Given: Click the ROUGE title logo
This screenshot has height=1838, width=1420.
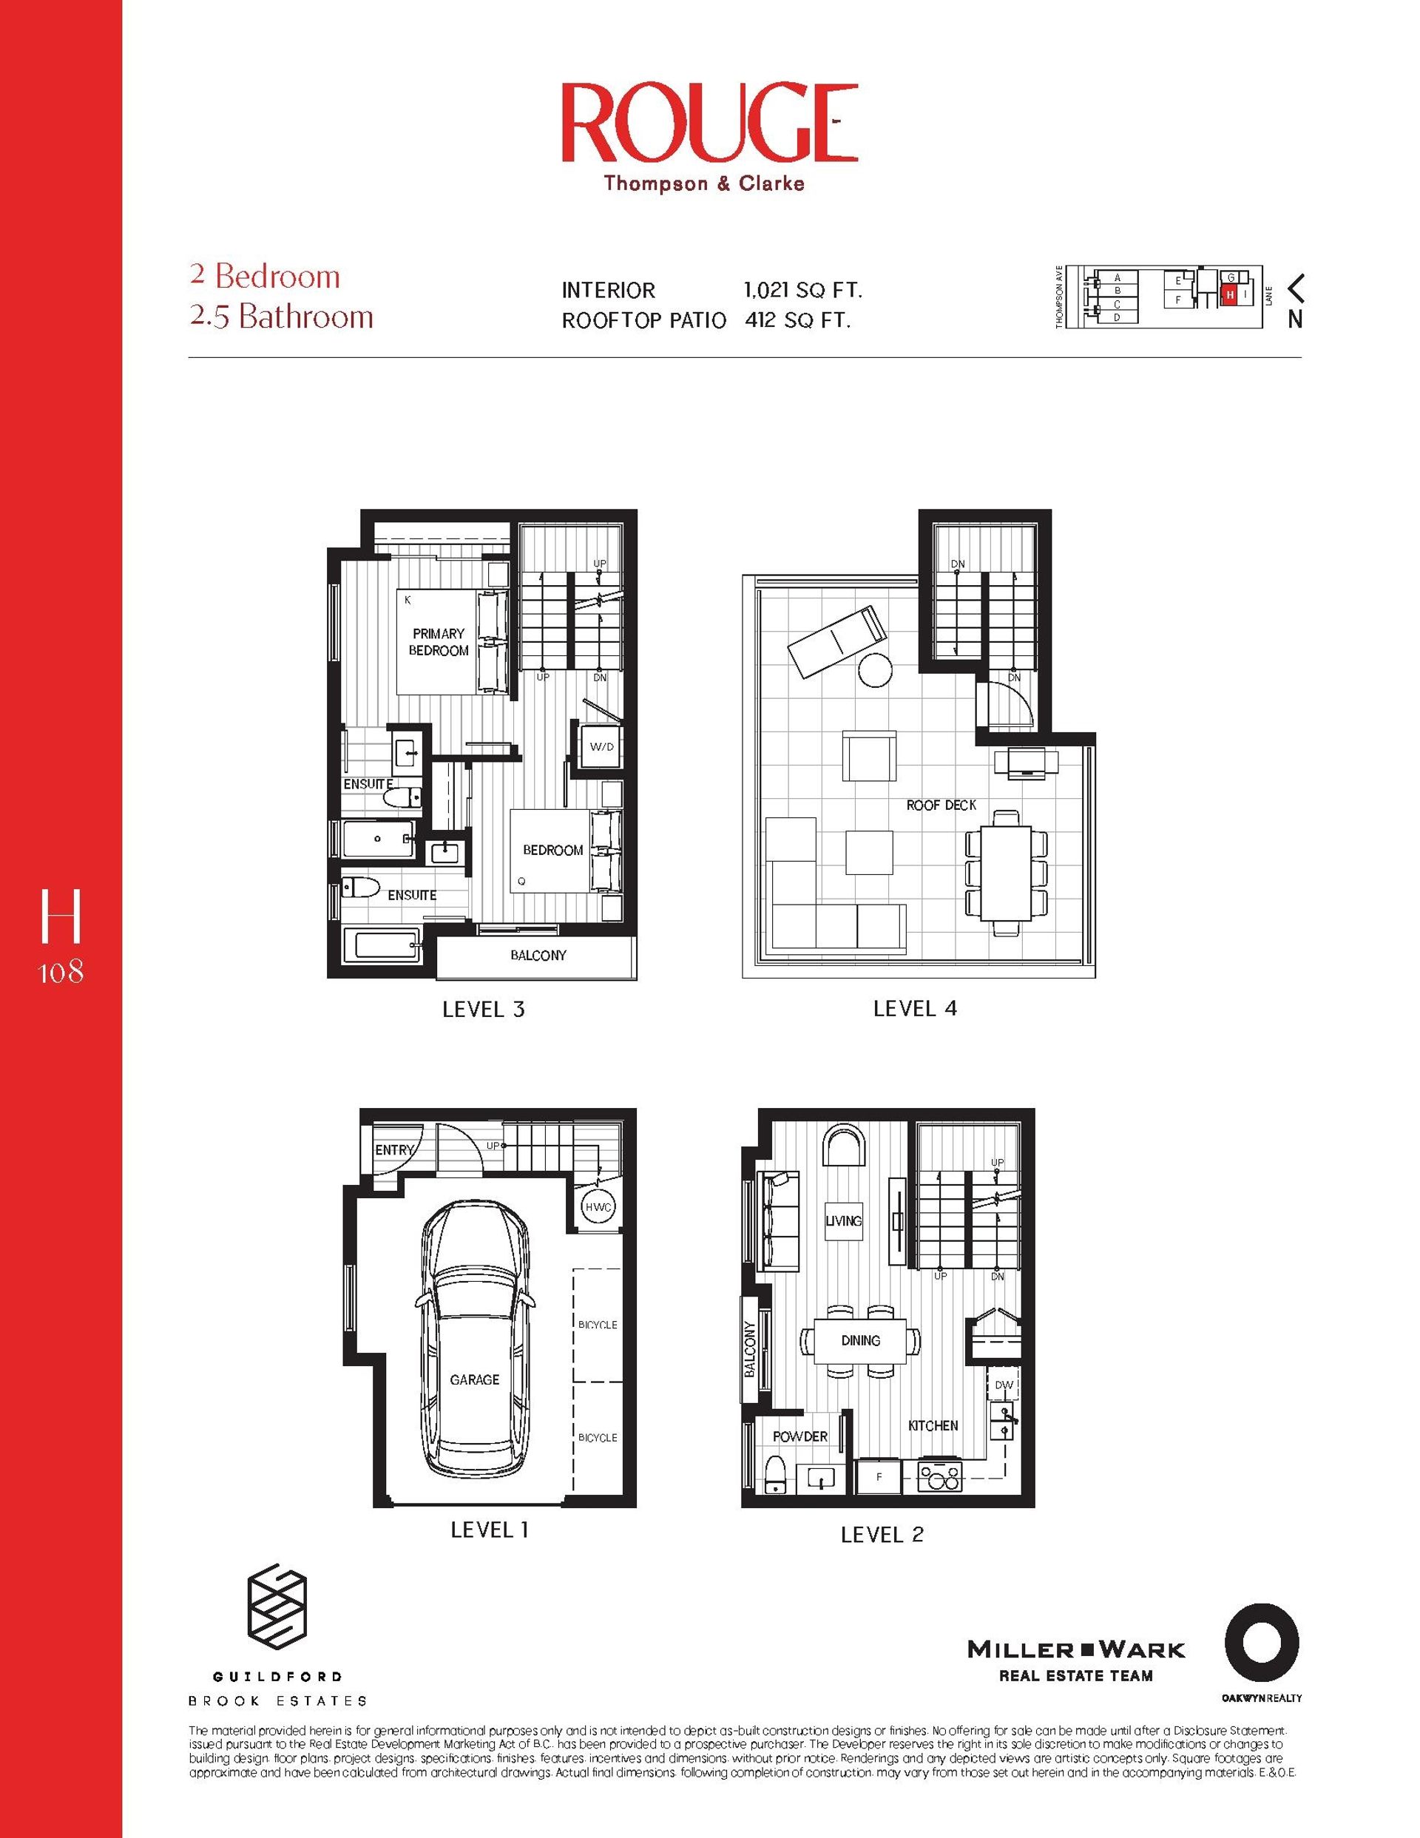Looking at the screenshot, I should click(x=709, y=124).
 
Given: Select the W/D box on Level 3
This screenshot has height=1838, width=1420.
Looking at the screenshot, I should click(x=601, y=746).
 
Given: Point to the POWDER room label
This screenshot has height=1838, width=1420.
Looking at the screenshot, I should click(x=799, y=1436).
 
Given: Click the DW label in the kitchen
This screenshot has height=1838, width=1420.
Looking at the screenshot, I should click(x=1004, y=1385).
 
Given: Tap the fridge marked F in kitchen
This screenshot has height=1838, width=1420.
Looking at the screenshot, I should click(x=879, y=1477).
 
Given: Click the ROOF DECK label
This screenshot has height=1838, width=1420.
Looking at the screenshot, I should click(x=941, y=805).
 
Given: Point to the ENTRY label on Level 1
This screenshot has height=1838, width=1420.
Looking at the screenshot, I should click(x=394, y=1149).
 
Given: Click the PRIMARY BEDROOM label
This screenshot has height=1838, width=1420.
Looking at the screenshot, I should click(x=439, y=642).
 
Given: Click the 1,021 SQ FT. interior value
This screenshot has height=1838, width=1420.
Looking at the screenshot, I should click(x=803, y=291).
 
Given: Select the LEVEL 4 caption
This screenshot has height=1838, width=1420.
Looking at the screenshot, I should click(x=915, y=1008).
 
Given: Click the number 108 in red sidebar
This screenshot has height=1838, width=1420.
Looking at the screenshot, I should click(x=61, y=972).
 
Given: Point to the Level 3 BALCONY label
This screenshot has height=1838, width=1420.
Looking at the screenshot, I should click(x=538, y=955).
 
